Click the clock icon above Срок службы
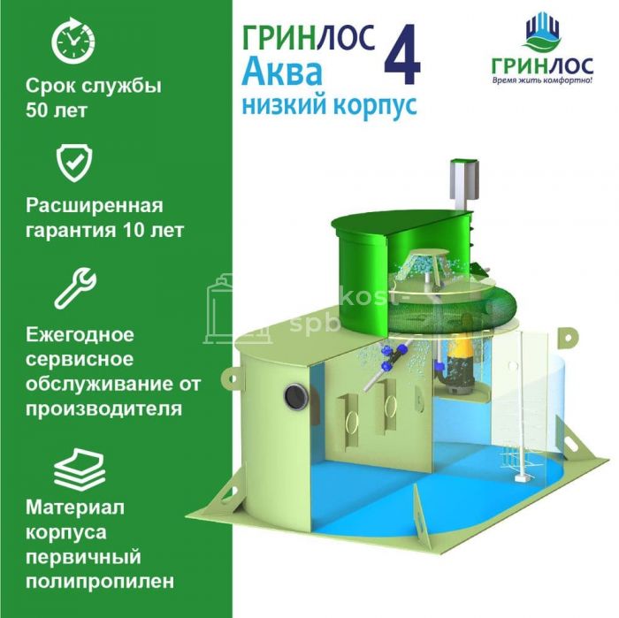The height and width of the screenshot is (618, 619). (73, 41)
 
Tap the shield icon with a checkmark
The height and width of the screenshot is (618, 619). (74, 163)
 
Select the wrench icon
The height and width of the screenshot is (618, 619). (75, 288)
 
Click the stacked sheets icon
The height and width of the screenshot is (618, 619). (80, 469)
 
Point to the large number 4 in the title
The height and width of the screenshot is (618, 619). (402, 55)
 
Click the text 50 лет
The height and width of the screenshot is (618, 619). (56, 111)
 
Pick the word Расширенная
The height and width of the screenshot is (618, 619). (95, 206)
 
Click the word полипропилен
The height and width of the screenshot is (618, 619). (100, 582)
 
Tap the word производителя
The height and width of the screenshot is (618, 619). (104, 408)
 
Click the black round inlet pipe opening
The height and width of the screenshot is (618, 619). (296, 396)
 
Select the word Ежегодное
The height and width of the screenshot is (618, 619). (80, 335)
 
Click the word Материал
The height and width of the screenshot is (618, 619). (75, 507)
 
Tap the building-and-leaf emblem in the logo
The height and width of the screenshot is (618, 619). (543, 34)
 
